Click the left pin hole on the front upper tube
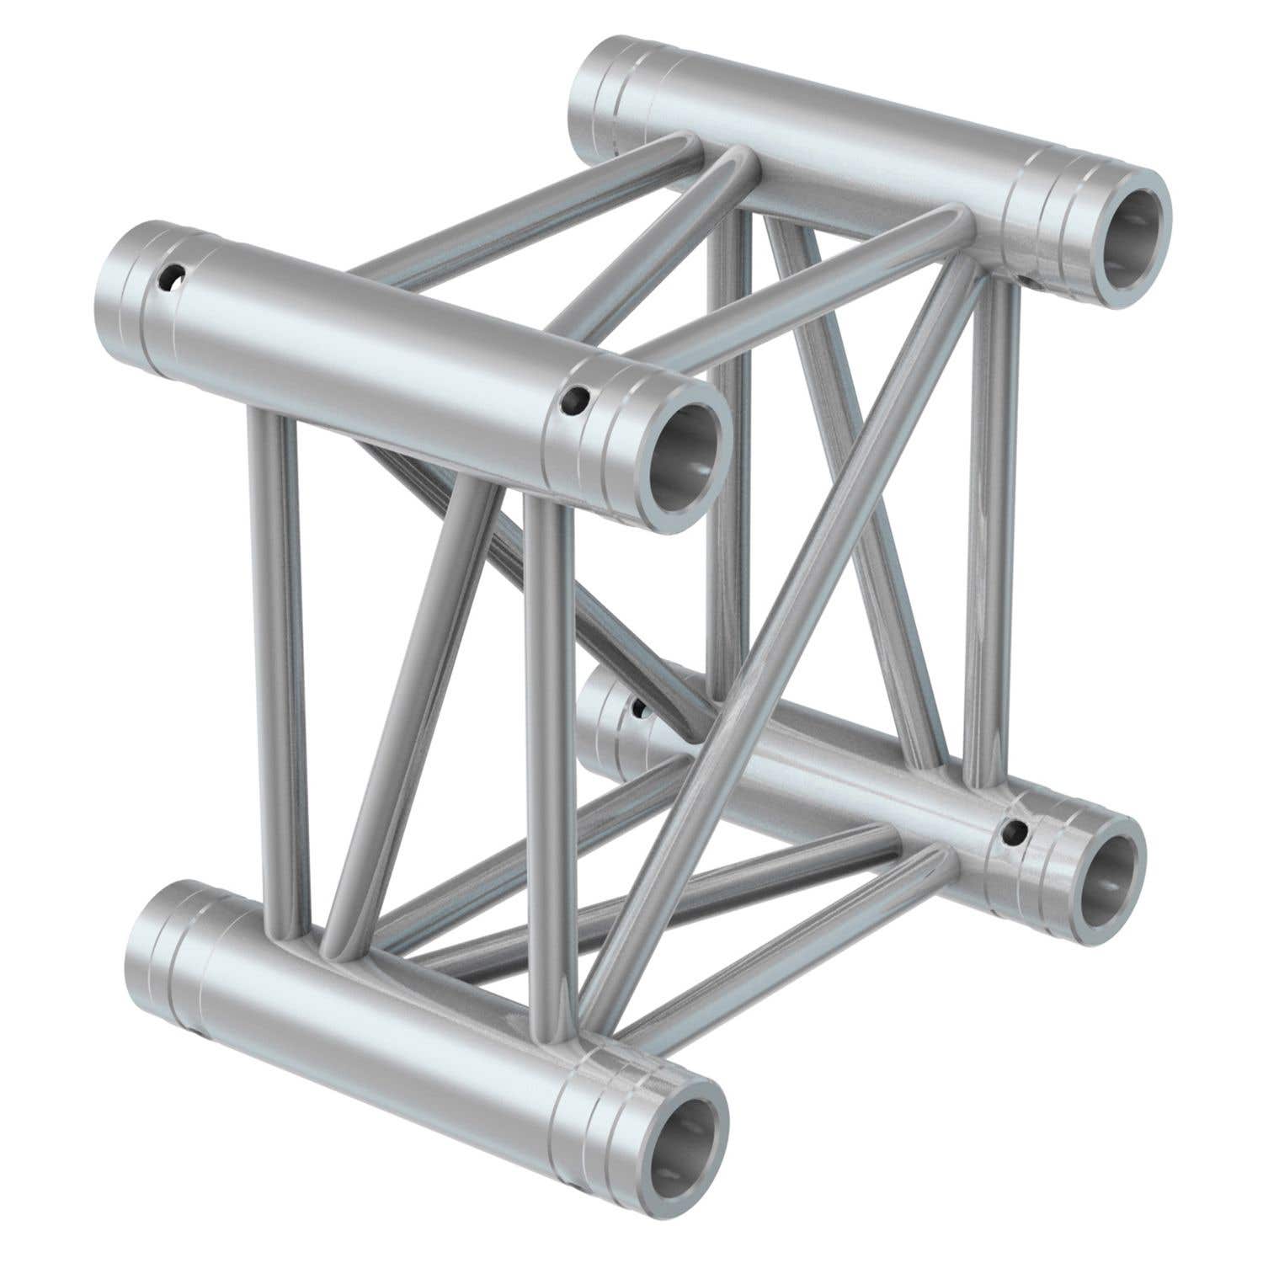coord(174,277)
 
